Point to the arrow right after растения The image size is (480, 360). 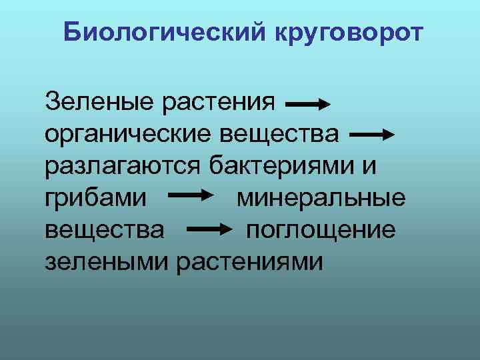(307, 105)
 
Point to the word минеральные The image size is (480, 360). (321, 198)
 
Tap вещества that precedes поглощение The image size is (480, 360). (104, 229)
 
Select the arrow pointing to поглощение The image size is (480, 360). (213, 229)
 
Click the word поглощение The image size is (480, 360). (321, 231)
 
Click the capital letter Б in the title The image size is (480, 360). (72, 32)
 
